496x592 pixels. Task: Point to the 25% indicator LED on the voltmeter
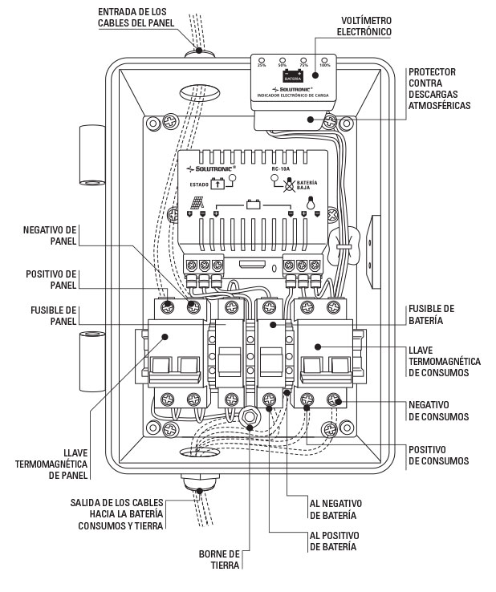[x=263, y=59]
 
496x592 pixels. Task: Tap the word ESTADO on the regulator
[x=201, y=184]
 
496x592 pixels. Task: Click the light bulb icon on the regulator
[x=305, y=203]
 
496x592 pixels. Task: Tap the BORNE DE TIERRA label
[x=221, y=558]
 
